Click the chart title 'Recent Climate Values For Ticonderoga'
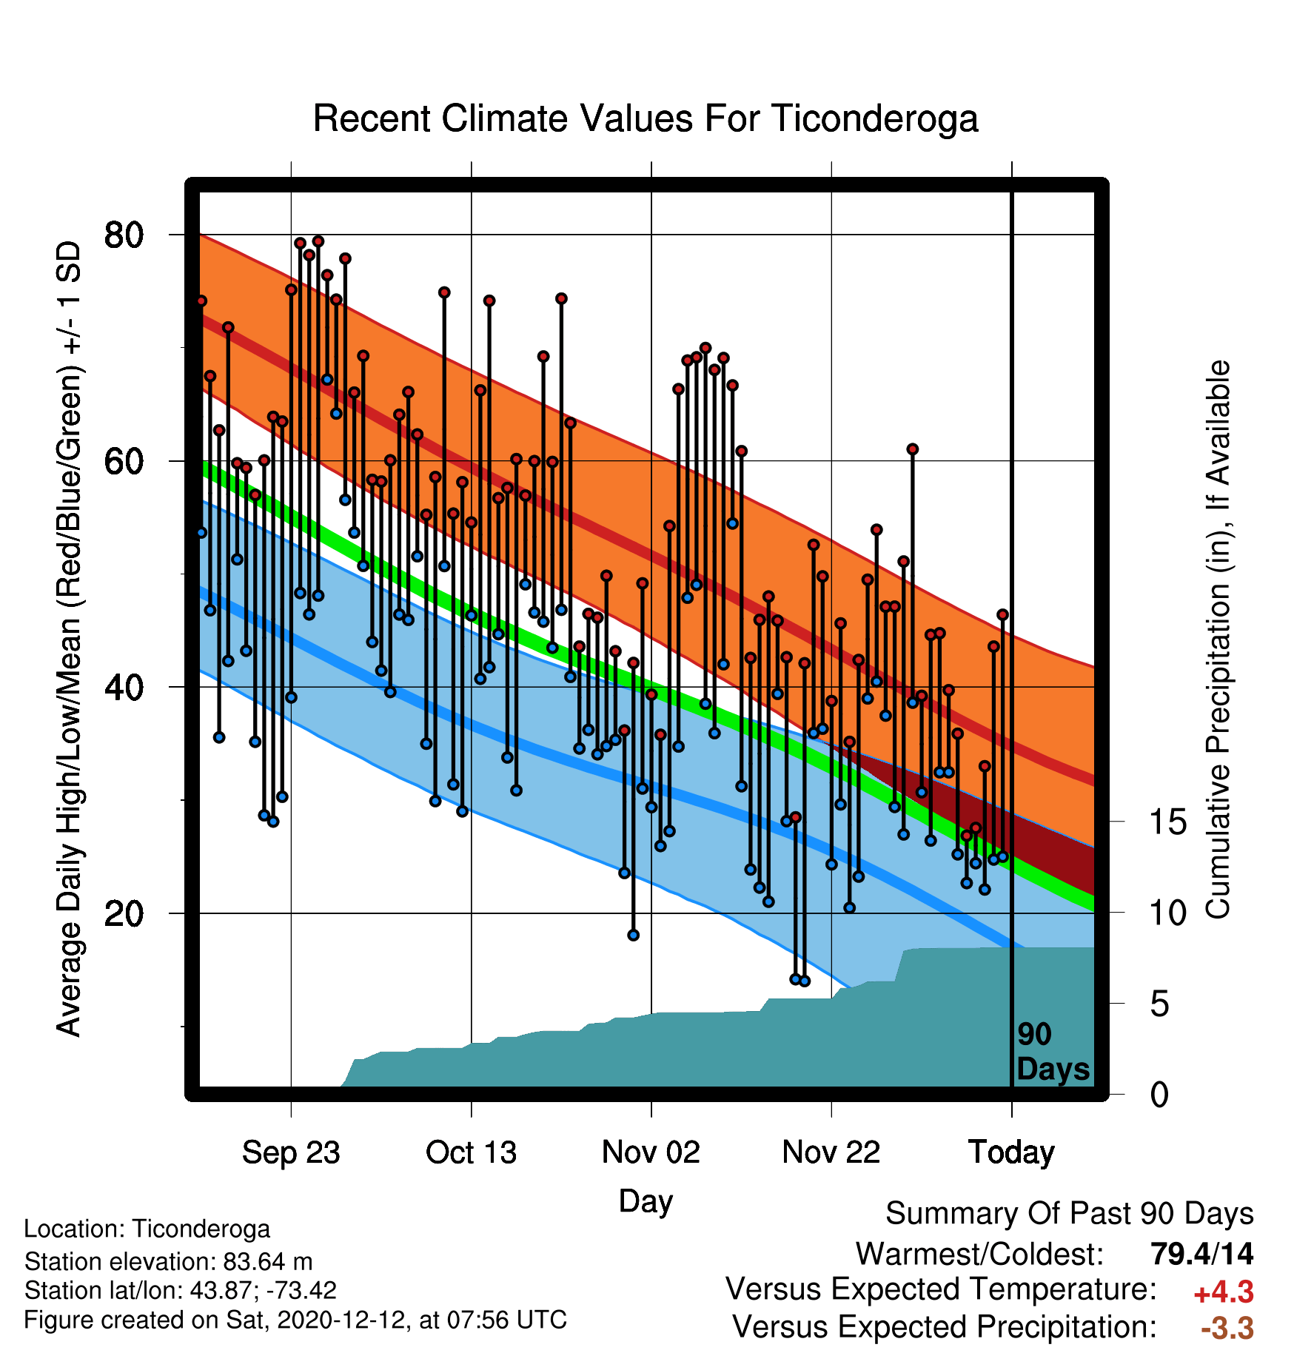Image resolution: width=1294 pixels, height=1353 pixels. pos(646,118)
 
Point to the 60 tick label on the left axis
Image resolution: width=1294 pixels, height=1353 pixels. pos(124,462)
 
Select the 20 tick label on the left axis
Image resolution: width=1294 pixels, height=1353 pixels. pos(124,914)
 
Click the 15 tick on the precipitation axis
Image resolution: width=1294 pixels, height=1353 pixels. pos(1167,822)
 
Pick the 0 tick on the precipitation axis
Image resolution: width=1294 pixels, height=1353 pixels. pos(1159,1094)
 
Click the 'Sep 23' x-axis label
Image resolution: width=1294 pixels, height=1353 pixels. pos(291,1152)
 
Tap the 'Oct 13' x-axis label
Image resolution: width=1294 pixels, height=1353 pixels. pos(471,1152)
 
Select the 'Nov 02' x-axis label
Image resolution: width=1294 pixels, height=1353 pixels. pos(651,1152)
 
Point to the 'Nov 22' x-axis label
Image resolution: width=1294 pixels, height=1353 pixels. pos(831,1152)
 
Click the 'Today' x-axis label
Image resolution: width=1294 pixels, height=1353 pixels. pos(1011,1152)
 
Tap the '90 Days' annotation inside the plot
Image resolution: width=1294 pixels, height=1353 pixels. pos(1053,1052)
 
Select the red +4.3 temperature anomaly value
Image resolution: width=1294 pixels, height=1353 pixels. pos(1224,1292)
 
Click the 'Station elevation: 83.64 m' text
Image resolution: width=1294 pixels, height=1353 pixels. pos(169,1261)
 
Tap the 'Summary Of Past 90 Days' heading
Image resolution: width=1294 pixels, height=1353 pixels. pos(1070,1214)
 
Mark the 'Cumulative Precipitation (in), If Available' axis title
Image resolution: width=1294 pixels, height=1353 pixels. pos(1218,639)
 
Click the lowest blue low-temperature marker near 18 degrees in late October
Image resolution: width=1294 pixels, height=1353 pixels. pos(633,936)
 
